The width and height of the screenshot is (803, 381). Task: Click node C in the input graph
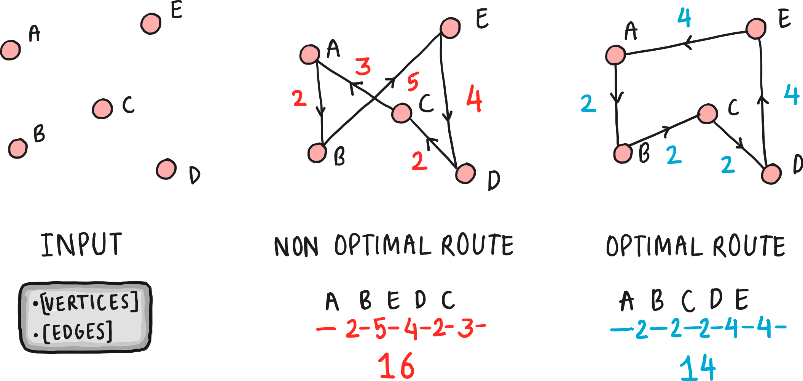(102, 109)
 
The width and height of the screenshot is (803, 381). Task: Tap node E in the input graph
(151, 24)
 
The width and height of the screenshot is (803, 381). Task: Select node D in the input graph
(166, 169)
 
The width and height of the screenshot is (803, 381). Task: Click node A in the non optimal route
(309, 54)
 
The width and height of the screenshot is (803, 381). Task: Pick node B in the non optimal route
(317, 153)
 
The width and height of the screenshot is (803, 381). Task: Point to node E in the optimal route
(756, 29)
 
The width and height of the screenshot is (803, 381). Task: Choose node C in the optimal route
(707, 114)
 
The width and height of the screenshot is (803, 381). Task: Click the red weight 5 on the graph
(413, 82)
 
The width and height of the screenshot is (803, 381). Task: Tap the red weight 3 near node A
(363, 67)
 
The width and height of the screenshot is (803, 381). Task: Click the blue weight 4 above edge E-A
(684, 18)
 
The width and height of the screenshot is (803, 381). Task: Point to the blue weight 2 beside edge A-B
(588, 104)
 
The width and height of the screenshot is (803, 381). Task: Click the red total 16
(396, 365)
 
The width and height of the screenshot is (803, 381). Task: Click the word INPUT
(81, 245)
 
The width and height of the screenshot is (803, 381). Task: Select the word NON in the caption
(296, 247)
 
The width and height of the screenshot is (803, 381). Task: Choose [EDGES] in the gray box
(78, 332)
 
